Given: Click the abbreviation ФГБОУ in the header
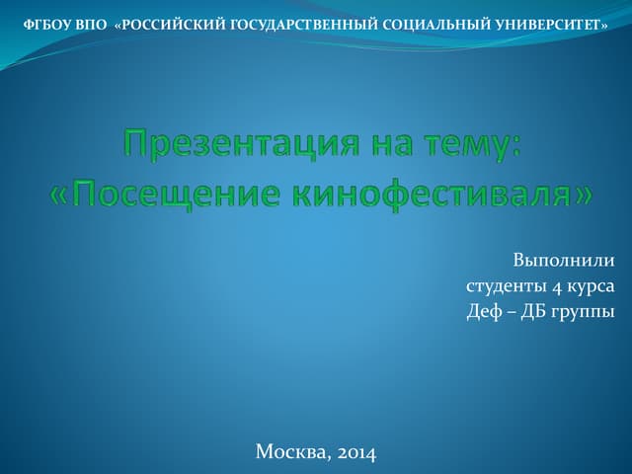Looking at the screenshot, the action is tap(47, 26).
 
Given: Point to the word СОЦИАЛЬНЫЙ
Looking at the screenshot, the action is tap(436, 26).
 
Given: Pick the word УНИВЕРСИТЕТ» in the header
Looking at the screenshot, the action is tap(551, 26).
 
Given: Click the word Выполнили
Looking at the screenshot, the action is tap(564, 261).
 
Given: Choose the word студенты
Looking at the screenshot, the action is tap(506, 286).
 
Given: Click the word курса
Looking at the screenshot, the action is tap(591, 288).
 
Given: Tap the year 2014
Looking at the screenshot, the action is tap(356, 453).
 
